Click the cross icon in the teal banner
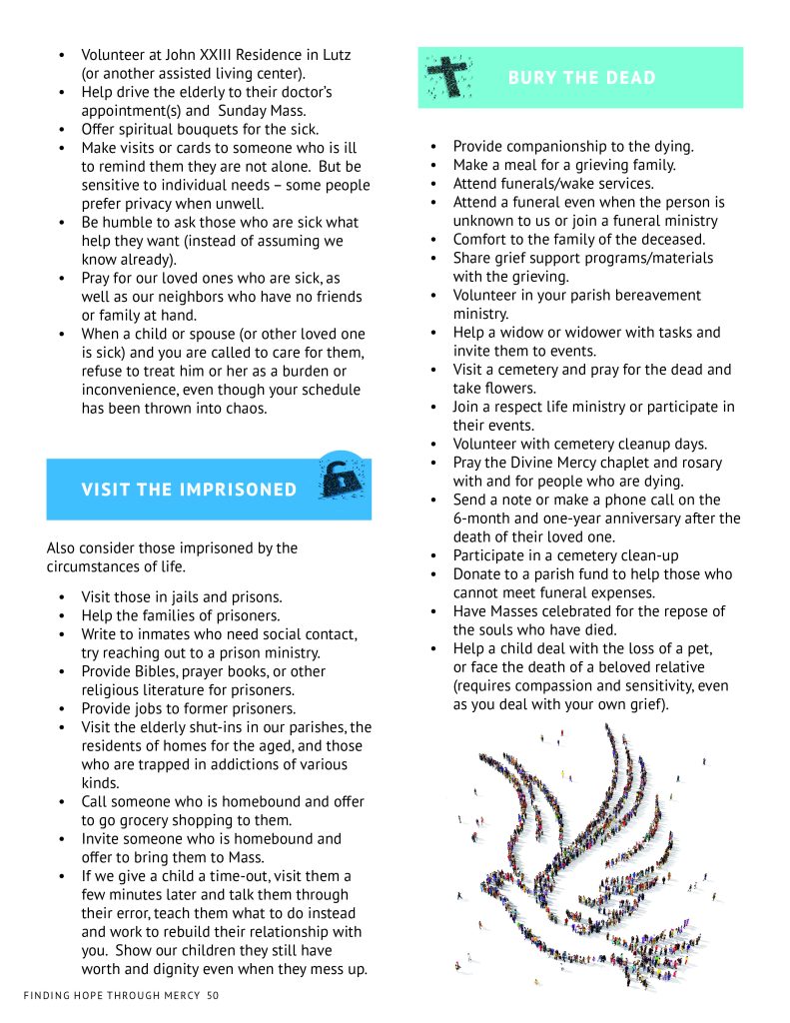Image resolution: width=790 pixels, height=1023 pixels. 448,76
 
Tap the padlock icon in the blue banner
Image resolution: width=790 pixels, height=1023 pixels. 340,480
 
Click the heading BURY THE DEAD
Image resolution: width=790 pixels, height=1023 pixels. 581,78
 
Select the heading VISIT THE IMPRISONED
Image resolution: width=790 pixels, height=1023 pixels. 189,490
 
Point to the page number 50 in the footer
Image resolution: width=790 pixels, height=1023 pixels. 213,995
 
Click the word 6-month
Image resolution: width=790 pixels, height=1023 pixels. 486,518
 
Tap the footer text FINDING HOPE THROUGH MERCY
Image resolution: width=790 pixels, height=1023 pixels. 111,995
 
